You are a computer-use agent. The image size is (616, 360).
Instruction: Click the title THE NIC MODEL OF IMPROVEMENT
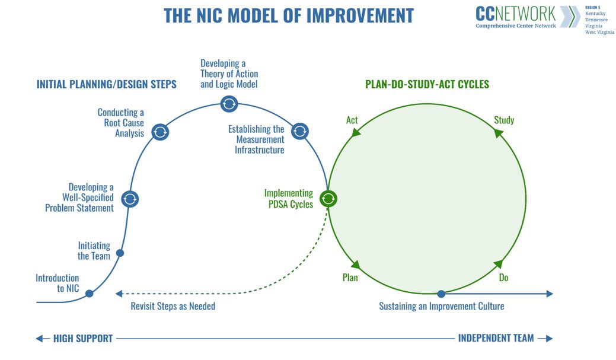tap(289, 15)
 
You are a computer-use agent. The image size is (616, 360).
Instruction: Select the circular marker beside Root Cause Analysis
tap(159, 132)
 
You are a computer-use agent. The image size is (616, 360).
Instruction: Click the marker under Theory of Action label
tap(229, 104)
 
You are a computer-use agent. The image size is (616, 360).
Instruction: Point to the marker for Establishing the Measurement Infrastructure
tap(299, 131)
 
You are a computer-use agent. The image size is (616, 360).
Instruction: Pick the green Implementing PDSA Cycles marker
tap(328, 199)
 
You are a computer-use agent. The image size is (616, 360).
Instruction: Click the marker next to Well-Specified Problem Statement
tap(130, 199)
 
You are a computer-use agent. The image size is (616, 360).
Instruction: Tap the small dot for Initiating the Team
tap(120, 253)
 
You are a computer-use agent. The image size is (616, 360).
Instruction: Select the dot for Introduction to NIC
tap(90, 294)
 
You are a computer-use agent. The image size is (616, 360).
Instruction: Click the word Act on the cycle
tap(352, 120)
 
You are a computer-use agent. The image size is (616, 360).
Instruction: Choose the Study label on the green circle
tap(504, 120)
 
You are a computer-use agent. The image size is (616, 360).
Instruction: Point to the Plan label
tap(350, 278)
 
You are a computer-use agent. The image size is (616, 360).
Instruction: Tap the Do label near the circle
tap(503, 278)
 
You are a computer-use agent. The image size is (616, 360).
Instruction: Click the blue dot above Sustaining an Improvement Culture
tap(441, 294)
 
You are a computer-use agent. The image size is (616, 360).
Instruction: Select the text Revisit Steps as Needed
tap(173, 307)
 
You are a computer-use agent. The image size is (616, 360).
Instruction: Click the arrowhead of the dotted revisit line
tap(119, 294)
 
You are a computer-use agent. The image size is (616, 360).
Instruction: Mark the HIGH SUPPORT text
tap(83, 339)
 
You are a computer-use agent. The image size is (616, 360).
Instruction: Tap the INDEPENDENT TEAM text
tap(496, 338)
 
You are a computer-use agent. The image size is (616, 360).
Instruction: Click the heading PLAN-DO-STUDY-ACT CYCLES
tap(427, 84)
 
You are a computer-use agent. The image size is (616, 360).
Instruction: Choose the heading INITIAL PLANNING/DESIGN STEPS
tap(107, 84)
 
